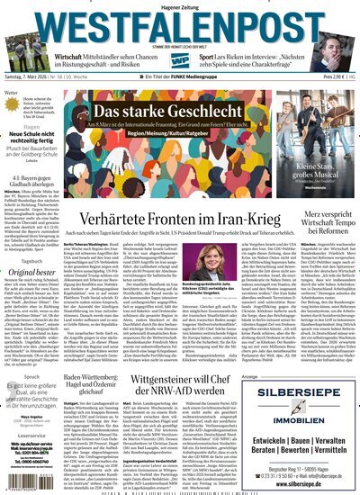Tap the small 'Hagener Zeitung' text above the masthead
tap(180, 6)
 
